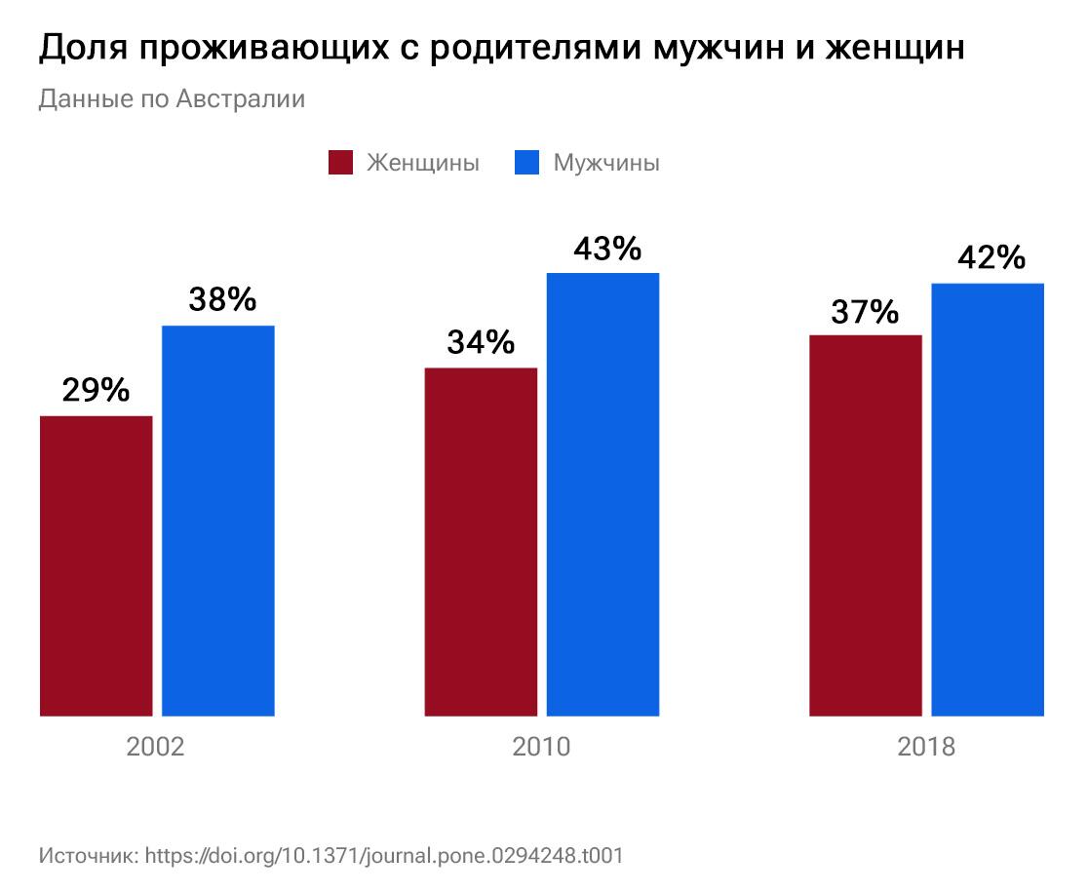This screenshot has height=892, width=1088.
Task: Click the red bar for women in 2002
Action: (x=96, y=565)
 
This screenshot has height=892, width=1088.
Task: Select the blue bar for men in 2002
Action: (x=217, y=521)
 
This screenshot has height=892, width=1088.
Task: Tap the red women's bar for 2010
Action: (x=481, y=542)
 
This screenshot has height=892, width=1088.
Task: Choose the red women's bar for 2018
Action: (x=866, y=525)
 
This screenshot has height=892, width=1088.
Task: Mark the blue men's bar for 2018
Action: (x=988, y=499)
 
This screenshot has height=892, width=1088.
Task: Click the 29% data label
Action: (x=96, y=390)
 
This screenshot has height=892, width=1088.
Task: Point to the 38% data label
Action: (x=222, y=299)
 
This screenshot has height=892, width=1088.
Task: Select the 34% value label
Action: (x=481, y=342)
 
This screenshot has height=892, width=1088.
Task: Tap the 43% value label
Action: (x=607, y=249)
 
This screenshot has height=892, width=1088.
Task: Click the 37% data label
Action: (x=865, y=312)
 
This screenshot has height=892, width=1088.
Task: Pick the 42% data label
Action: (x=991, y=258)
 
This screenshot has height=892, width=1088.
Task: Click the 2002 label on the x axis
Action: (x=156, y=748)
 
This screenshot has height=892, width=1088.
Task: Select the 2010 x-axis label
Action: (x=541, y=748)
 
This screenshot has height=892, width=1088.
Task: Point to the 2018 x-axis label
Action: (x=926, y=748)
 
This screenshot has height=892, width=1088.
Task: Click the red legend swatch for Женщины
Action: (x=340, y=163)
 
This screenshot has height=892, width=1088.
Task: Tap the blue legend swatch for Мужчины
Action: (x=526, y=163)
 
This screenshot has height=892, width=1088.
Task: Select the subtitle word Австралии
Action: (x=241, y=99)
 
